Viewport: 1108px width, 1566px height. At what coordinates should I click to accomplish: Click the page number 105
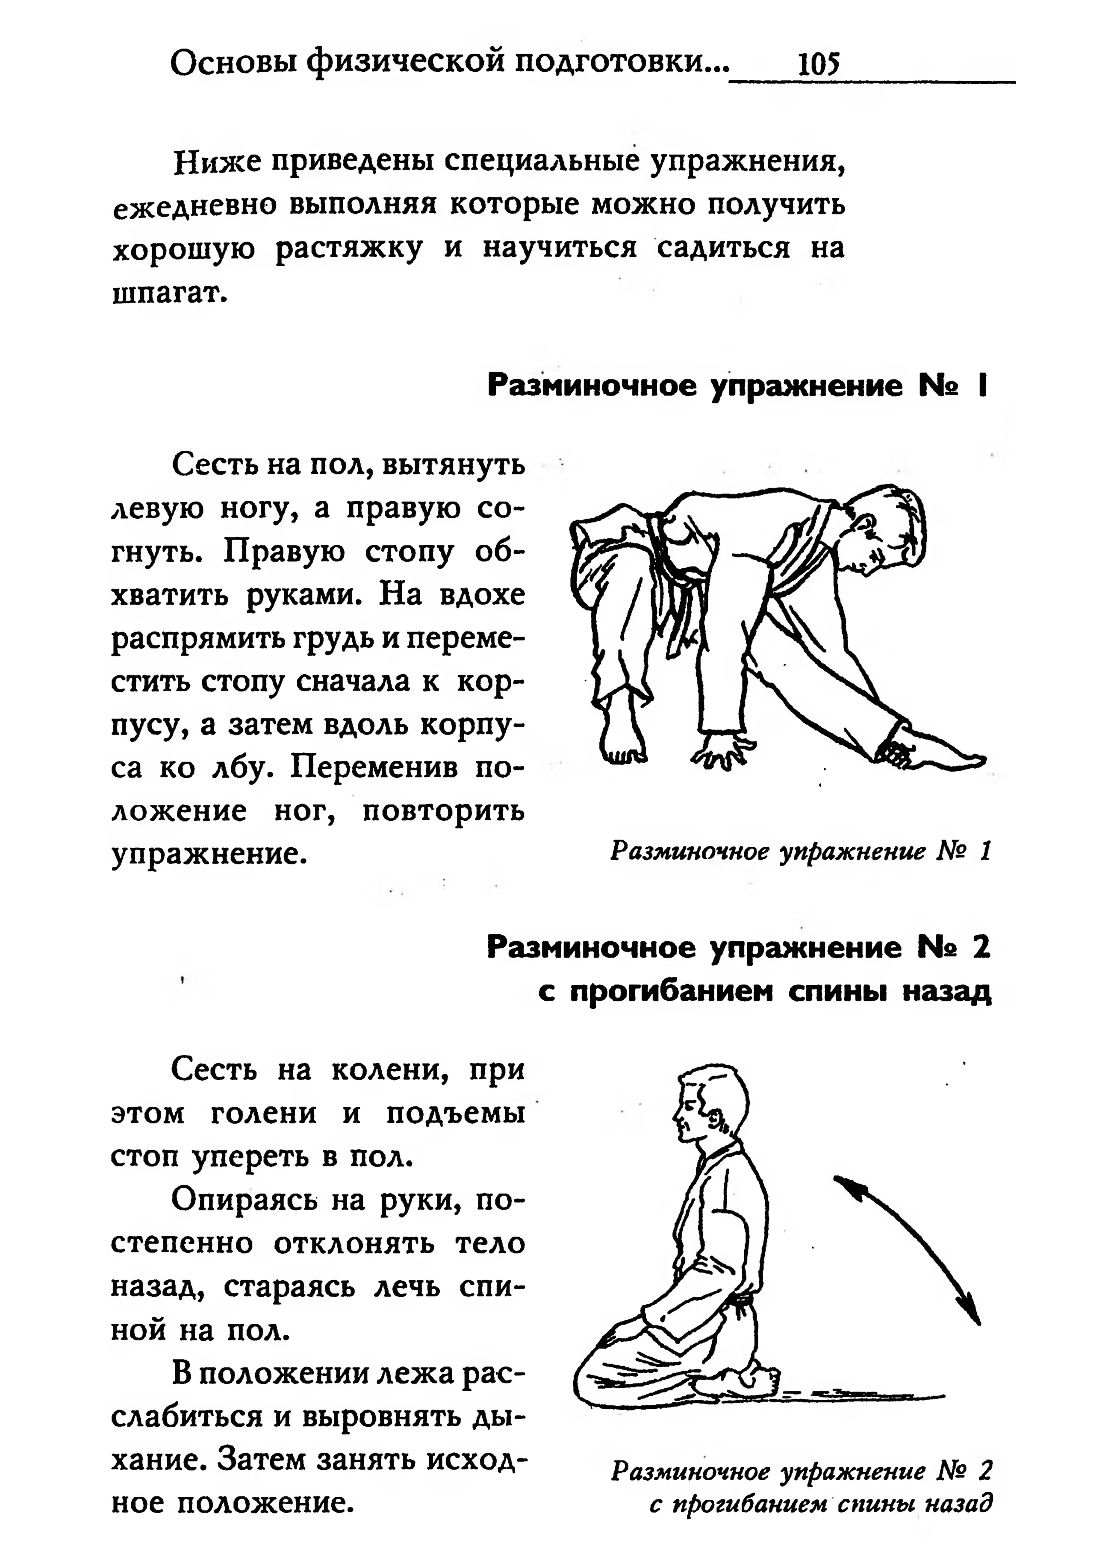pyautogui.click(x=818, y=65)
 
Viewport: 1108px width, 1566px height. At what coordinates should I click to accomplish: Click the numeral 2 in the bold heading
pyautogui.click(x=981, y=949)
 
